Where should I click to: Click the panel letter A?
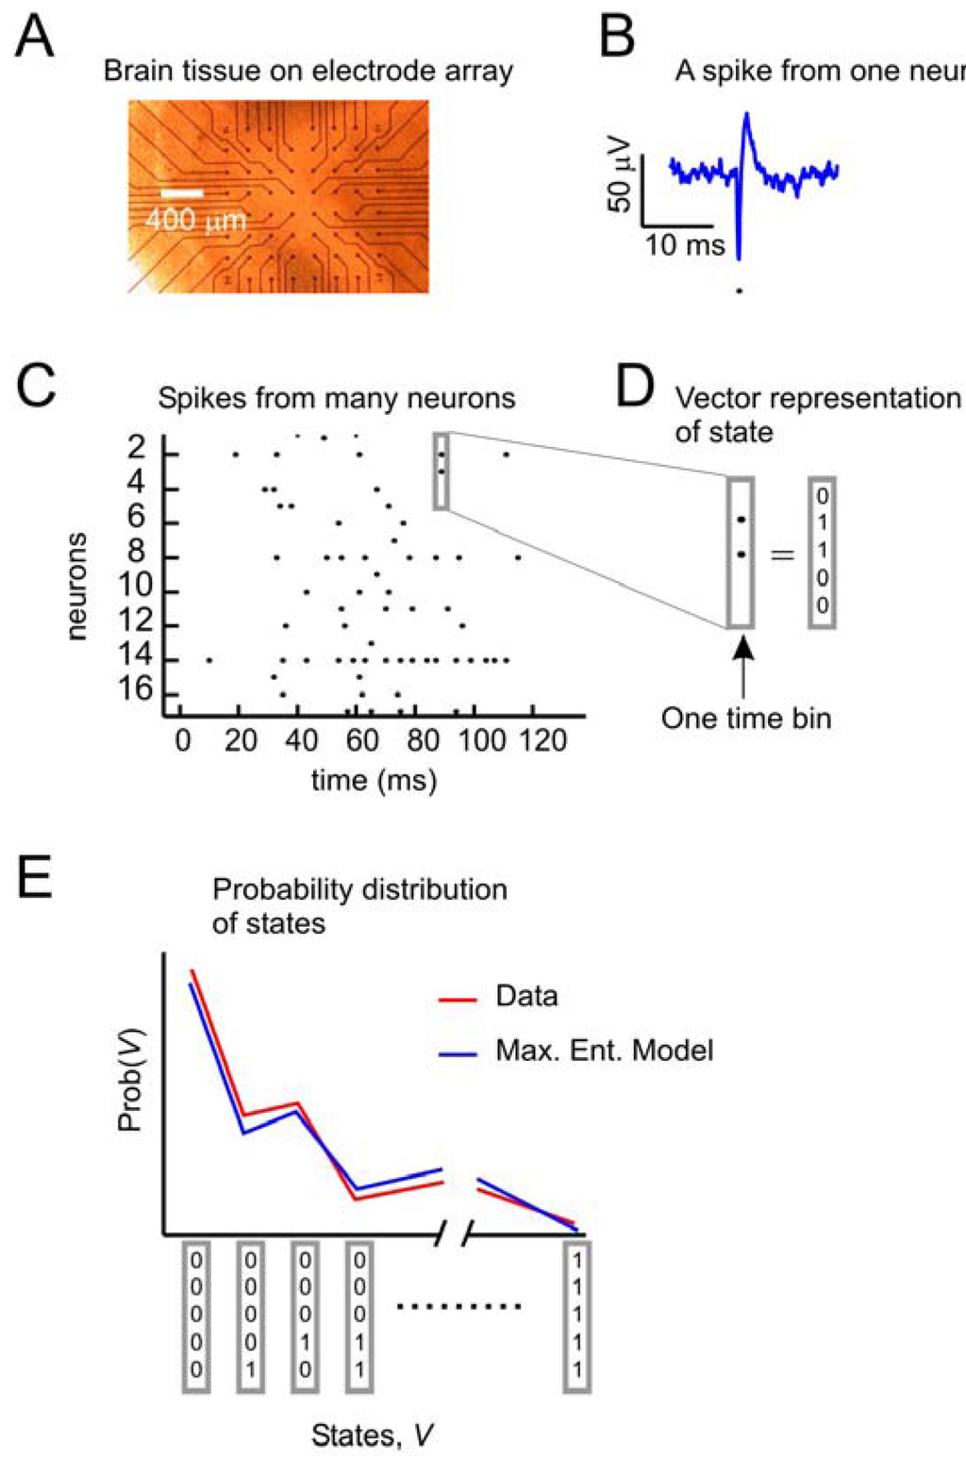(x=35, y=40)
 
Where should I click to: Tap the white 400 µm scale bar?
(x=182, y=193)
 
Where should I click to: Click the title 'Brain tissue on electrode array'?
(x=308, y=72)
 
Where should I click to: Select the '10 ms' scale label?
(x=685, y=246)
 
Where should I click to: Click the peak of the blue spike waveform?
(x=746, y=115)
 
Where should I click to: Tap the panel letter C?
(x=36, y=387)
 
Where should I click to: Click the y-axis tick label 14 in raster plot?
(x=136, y=659)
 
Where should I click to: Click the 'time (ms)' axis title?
(x=375, y=780)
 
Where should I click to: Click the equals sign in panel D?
(x=782, y=555)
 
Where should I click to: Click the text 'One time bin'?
(x=746, y=719)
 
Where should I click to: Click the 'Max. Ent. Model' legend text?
(x=605, y=1051)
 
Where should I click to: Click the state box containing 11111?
(x=577, y=1316)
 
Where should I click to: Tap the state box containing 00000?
(x=195, y=1316)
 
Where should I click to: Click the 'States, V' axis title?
(x=373, y=1435)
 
